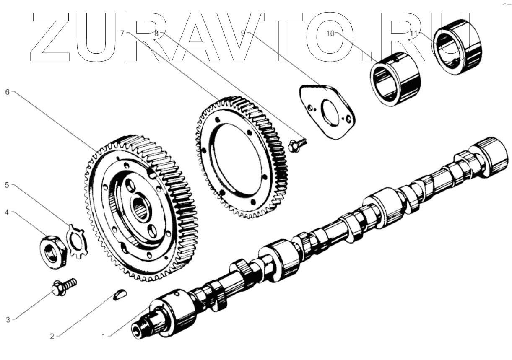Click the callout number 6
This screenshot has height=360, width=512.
(x=7, y=92)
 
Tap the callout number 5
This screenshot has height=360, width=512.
(x=7, y=185)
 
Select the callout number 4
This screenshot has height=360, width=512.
(x=7, y=212)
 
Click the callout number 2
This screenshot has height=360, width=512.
(x=52, y=337)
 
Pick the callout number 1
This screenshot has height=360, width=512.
(x=103, y=337)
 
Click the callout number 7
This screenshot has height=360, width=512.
(x=122, y=34)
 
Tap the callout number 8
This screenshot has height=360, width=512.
(x=156, y=34)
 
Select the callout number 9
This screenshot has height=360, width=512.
(x=243, y=34)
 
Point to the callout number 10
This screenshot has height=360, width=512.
(x=330, y=34)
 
